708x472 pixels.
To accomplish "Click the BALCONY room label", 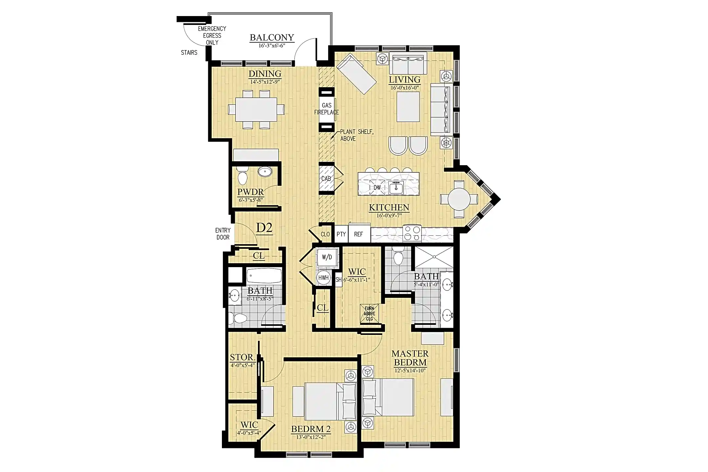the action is click(272, 37).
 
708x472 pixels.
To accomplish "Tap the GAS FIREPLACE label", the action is click(326, 109).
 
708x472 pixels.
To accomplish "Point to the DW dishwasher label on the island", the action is click(377, 187).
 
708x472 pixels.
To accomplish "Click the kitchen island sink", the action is click(396, 187).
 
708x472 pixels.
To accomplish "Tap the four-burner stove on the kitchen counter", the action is click(412, 233).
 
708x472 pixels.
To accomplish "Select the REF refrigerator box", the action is click(359, 234).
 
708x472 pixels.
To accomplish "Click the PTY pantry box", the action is click(341, 234).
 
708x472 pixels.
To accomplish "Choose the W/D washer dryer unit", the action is click(326, 257).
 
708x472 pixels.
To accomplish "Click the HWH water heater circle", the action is click(324, 278).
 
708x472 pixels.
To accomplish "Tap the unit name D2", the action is click(264, 227).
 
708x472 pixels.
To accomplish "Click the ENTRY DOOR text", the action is click(223, 234).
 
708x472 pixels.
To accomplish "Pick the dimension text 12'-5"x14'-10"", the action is click(410, 371).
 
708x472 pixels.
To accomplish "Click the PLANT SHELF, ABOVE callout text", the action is click(357, 135).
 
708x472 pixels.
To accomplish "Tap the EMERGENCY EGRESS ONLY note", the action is click(212, 36).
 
